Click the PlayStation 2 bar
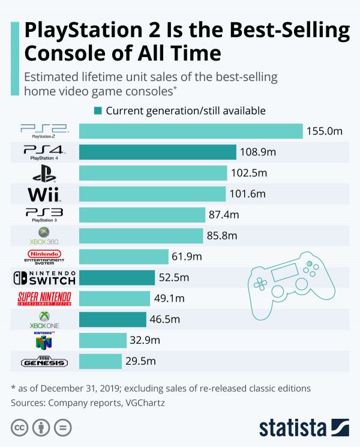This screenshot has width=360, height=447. pos(191,131)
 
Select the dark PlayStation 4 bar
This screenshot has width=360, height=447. pos(157,152)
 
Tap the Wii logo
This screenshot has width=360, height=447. pos(44,194)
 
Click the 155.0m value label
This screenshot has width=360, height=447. pos(325,131)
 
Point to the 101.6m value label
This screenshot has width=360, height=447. pos(247,194)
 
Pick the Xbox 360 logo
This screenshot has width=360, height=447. pos(44,235)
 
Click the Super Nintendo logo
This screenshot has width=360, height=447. pos(44,298)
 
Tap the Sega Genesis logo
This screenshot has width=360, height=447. pos(44,362)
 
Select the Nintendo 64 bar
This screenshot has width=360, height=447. pos(102,340)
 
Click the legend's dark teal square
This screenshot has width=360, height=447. pos(97,111)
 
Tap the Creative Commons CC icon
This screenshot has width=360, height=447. pos(19,428)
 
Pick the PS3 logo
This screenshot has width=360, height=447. pos(44,214)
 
